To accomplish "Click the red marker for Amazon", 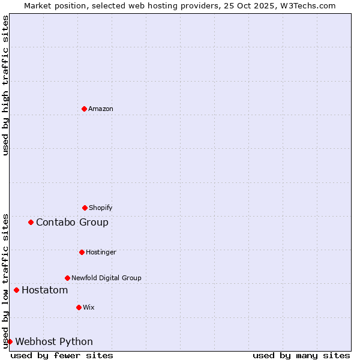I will coord(84,109).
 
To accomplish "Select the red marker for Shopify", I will coord(85,208).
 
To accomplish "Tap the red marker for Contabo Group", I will coord(31,222).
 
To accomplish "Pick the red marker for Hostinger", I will coord(82,252).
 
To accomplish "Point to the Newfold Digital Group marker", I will coord(67,278).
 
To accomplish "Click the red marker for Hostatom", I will coord(16,290).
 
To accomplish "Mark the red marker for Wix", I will coord(79,307).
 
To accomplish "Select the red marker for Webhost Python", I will coord(10,341).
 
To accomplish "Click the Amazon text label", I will coord(101,109).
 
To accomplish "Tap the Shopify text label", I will coord(101,208).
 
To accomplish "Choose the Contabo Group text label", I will coord(72,222).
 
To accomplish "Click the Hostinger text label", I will coord(101,252).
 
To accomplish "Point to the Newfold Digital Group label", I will coord(106,278).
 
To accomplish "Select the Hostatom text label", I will coord(44,290).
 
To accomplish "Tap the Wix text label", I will coord(89,307).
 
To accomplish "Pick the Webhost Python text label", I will coord(54,341).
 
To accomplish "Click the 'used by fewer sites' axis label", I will coord(62,355).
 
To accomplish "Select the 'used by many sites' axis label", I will coord(301,355).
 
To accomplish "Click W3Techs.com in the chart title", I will coord(307,5).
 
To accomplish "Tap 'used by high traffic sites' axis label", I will coord(5,85).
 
